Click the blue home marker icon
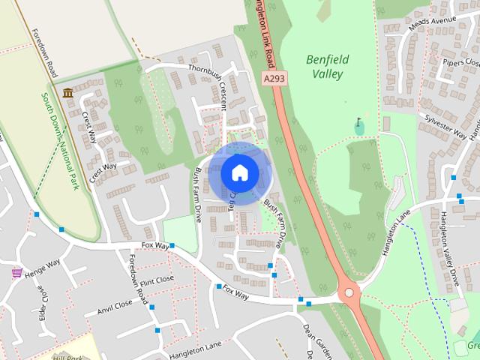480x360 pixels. (x=239, y=172)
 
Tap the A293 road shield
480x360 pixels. (x=274, y=78)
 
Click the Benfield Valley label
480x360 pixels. (x=325, y=66)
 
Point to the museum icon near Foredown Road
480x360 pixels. (x=68, y=93)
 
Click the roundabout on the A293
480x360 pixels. (x=349, y=293)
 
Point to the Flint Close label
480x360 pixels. (x=156, y=280)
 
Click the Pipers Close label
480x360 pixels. (x=460, y=62)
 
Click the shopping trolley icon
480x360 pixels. (x=16, y=273)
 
